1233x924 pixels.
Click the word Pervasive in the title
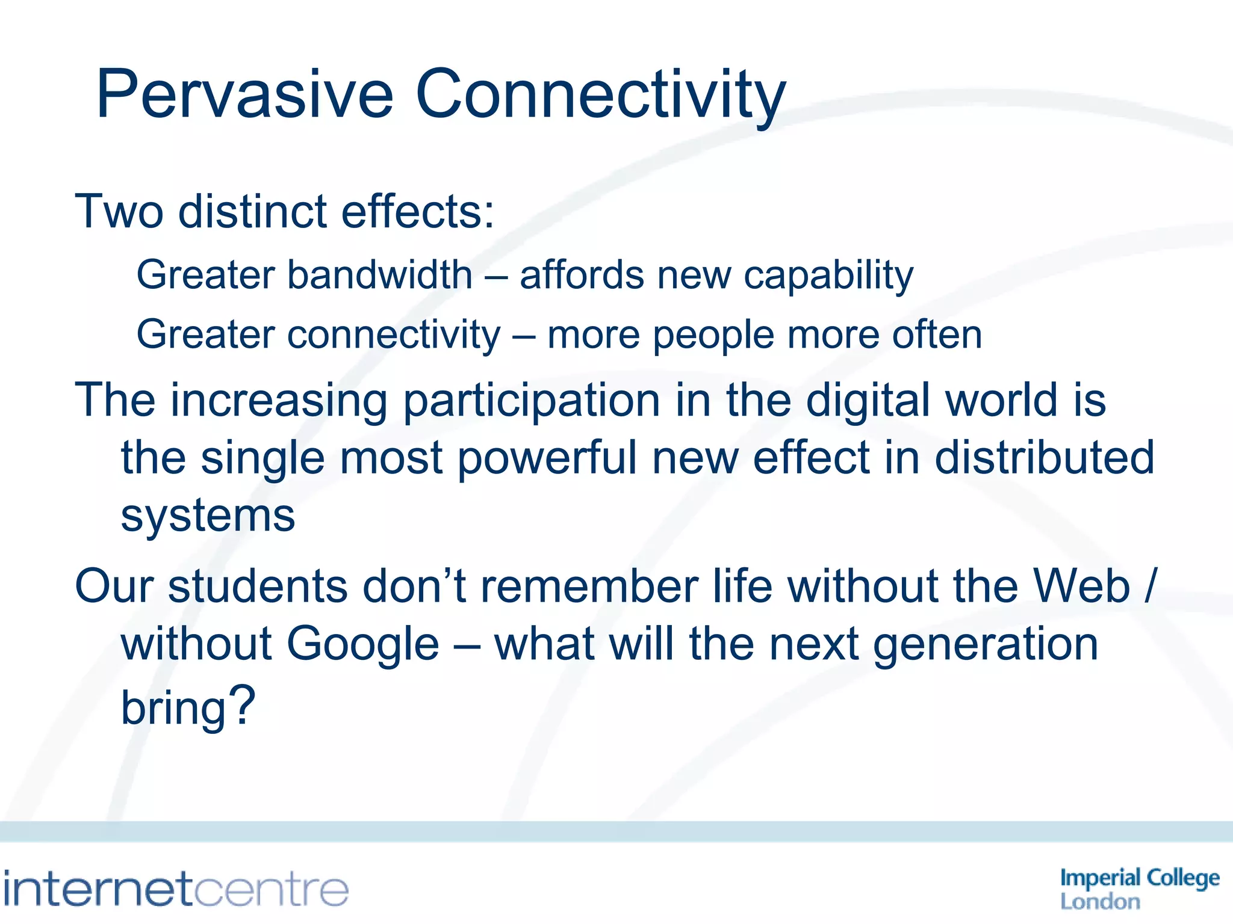(x=244, y=95)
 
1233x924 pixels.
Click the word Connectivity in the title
(x=600, y=95)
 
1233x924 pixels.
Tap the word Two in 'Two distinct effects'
(x=119, y=212)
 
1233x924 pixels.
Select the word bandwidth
(x=379, y=275)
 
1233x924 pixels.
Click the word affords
(x=581, y=275)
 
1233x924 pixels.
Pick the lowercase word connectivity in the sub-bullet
(x=394, y=335)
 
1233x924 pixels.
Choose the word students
(x=258, y=586)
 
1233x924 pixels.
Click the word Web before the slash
(x=1081, y=586)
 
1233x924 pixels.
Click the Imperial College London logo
(x=1139, y=889)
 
